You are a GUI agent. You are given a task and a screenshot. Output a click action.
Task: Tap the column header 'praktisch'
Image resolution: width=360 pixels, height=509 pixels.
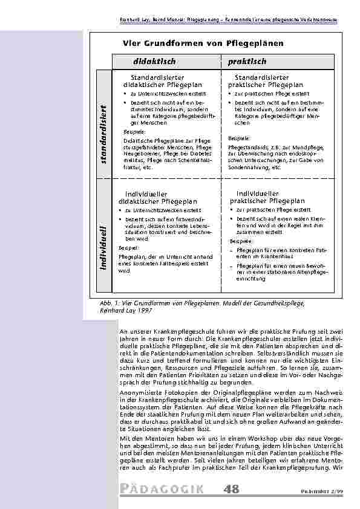point(247,62)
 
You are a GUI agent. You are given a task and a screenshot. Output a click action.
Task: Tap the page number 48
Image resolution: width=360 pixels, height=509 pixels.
point(231,488)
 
